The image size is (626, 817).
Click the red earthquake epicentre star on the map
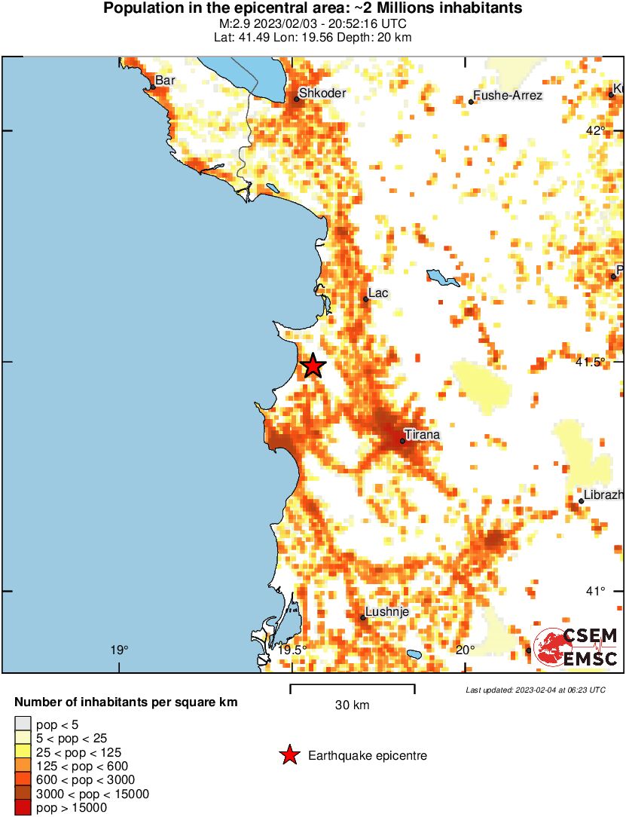click(313, 366)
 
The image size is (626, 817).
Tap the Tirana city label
click(422, 434)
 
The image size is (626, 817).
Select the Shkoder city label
click(322, 93)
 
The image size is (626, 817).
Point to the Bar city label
click(164, 80)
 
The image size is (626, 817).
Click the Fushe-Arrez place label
click(507, 96)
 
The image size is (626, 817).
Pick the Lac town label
click(378, 292)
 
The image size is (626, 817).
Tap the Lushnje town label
click(387, 612)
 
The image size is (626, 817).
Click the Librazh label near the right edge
click(603, 494)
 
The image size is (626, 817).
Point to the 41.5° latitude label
click(591, 363)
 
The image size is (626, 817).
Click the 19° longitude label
click(118, 650)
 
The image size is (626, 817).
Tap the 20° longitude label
click(465, 650)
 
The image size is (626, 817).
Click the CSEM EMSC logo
click(576, 647)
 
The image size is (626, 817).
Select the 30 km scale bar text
click(352, 705)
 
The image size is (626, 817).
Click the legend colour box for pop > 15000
click(23, 808)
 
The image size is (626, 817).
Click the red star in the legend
click(289, 755)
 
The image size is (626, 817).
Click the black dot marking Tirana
click(402, 441)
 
